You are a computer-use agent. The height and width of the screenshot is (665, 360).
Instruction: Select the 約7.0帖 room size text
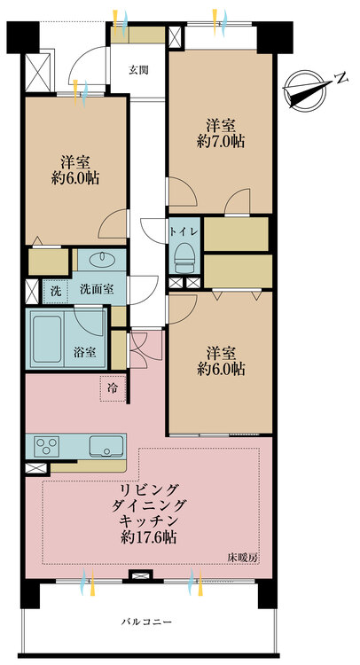pos(221,140)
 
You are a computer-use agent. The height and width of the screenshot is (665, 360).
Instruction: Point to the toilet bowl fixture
pos(184,258)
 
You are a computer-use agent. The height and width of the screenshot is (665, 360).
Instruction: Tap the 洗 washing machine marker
pos(55,289)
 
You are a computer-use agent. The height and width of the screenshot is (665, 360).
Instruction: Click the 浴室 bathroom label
pos(85,351)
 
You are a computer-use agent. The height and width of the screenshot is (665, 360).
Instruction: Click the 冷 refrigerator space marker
pos(113,388)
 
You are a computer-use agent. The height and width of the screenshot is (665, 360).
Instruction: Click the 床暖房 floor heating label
pos(240,557)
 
